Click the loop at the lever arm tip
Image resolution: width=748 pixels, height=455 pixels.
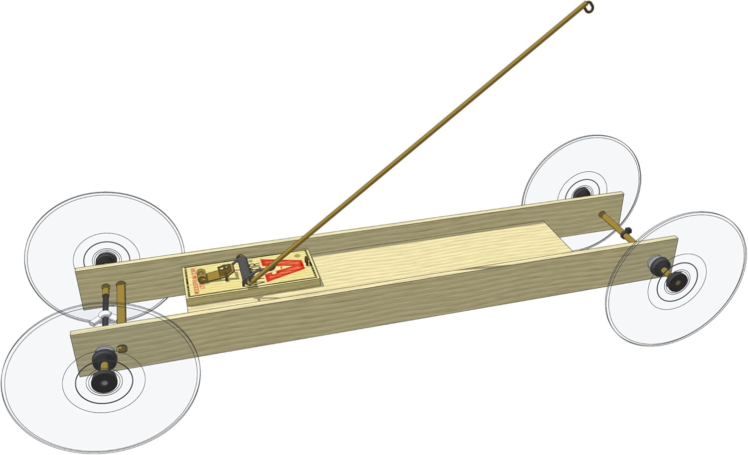pos(590,6)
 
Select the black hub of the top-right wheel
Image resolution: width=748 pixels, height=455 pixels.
pos(580,192)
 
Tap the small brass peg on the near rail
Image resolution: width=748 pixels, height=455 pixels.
pos(121,347)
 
